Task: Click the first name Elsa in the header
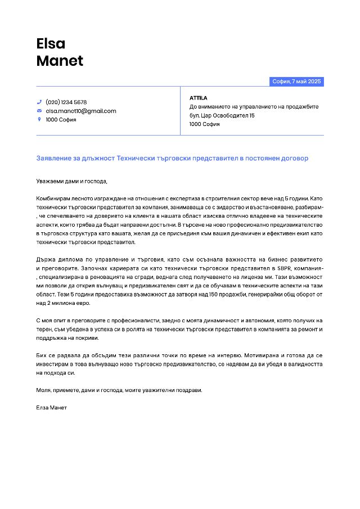pyautogui.click(x=51, y=43)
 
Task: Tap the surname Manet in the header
pyautogui.click(x=60, y=61)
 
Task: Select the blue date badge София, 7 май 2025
pyautogui.click(x=296, y=82)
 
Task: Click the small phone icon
pyautogui.click(x=39, y=102)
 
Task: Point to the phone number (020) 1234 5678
pyautogui.click(x=66, y=102)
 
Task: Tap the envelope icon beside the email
pyautogui.click(x=39, y=111)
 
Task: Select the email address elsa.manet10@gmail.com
pyautogui.click(x=80, y=111)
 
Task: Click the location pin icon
pyautogui.click(x=39, y=119)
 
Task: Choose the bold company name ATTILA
pyautogui.click(x=198, y=98)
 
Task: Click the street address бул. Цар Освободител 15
pyautogui.click(x=222, y=115)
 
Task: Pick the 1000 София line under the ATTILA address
pyautogui.click(x=204, y=124)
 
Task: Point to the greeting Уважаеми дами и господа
pyautogui.click(x=71, y=181)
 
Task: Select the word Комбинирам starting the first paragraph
pyautogui.click(x=54, y=199)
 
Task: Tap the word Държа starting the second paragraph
pyautogui.click(x=46, y=259)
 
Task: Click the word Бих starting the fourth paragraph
pyautogui.click(x=42, y=355)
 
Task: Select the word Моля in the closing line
pyautogui.click(x=43, y=390)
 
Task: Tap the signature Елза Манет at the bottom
pyautogui.click(x=51, y=407)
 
